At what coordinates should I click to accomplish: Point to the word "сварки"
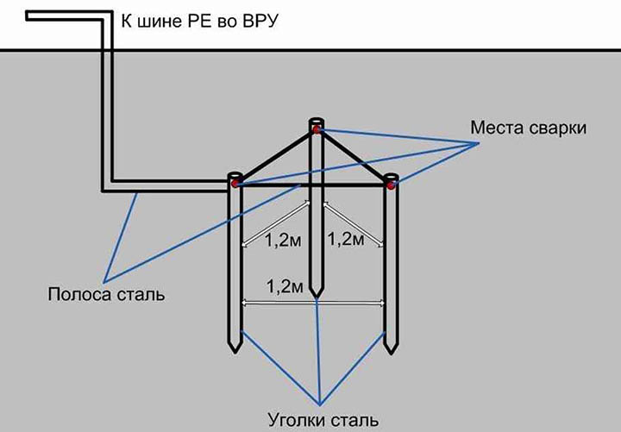(558, 128)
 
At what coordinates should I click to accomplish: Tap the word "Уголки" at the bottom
(296, 420)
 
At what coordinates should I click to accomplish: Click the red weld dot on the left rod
(235, 184)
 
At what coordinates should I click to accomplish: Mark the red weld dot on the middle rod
(317, 129)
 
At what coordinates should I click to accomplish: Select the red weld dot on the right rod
(392, 185)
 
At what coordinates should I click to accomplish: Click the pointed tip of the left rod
(235, 353)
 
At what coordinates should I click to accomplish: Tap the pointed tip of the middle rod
(316, 297)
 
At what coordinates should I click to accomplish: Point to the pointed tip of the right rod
(391, 354)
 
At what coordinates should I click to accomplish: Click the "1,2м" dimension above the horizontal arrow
(285, 286)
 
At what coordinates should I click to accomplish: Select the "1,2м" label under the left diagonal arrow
(283, 240)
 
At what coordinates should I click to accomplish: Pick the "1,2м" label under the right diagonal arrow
(346, 239)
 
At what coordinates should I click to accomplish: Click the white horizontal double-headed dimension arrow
(313, 304)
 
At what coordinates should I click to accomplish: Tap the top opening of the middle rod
(317, 121)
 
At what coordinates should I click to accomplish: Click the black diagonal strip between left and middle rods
(276, 155)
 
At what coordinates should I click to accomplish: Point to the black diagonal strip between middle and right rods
(354, 157)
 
